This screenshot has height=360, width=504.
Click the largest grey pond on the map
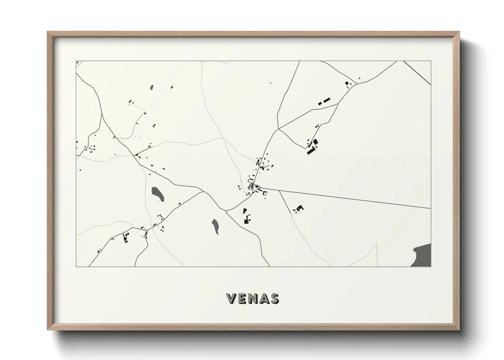coord(157,193)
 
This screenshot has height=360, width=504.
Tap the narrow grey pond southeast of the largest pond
coord(216,226)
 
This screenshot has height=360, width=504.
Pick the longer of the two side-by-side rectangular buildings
coord(327,100)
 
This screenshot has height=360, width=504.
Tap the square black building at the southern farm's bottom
coord(246,222)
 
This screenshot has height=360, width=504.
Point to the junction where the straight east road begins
coord(260,187)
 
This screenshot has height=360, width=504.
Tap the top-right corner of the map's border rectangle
coord(431,61)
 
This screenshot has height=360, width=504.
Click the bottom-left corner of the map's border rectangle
coord(76,266)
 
